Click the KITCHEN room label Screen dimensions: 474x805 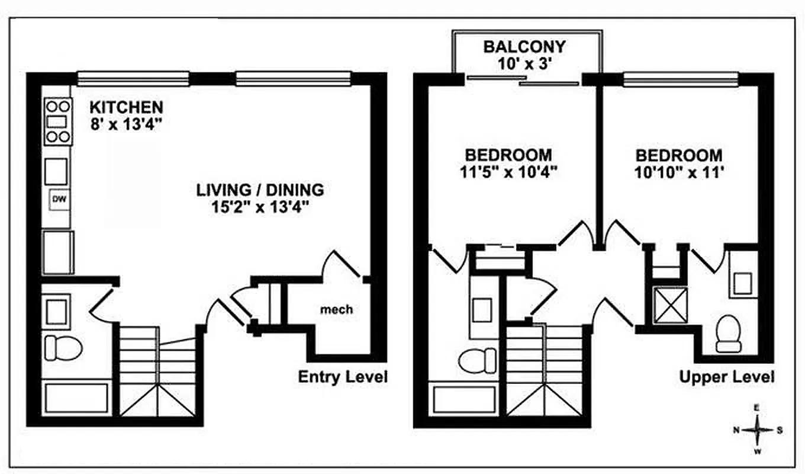126,107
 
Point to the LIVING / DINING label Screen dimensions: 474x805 260,190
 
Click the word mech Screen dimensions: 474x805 336,309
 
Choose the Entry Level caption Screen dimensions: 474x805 343,376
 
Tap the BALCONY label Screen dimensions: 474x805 524,46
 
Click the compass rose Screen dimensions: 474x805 758,430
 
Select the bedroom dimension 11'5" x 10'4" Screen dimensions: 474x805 508,172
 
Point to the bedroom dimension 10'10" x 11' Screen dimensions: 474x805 679,172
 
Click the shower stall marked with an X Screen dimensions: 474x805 670,305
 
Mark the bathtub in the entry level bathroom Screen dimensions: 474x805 77,398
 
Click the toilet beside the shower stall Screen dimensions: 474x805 728,333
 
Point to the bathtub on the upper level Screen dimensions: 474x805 465,400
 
